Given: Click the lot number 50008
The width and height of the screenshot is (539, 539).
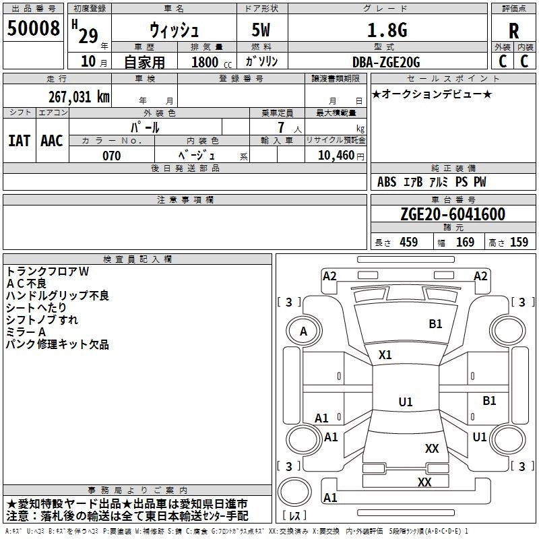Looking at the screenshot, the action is [33, 28].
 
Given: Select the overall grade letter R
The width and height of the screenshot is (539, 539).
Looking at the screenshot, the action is [513, 31].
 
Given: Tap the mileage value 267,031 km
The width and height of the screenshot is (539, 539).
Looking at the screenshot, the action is [79, 97].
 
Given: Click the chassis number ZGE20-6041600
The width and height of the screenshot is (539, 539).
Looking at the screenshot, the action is [453, 214].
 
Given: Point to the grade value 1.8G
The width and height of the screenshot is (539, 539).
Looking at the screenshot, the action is [387, 30].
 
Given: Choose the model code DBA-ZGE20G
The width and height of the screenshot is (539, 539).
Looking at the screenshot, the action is [386, 62].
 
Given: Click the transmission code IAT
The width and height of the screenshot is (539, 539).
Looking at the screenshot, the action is [20, 141].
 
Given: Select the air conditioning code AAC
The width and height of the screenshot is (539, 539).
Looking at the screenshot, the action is [52, 141].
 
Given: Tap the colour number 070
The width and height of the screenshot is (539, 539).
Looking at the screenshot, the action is [112, 156].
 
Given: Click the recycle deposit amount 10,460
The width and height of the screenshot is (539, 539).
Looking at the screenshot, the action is [336, 156].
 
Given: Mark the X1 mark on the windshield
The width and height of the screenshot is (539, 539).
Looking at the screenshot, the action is [385, 355].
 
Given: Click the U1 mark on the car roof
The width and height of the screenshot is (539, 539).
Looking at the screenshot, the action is [406, 402].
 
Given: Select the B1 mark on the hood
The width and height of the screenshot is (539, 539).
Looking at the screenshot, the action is [435, 324].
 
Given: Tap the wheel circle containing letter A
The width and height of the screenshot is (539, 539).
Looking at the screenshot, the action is [304, 331].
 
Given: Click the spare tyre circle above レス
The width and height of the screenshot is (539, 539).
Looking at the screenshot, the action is [294, 493].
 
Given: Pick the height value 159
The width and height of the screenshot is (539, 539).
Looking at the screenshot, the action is [519, 242].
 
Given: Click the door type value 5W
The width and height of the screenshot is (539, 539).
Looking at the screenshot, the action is [261, 30].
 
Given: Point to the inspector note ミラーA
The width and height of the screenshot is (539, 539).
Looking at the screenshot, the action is [26, 332].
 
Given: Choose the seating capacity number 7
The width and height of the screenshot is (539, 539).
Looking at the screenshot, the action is [281, 127].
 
